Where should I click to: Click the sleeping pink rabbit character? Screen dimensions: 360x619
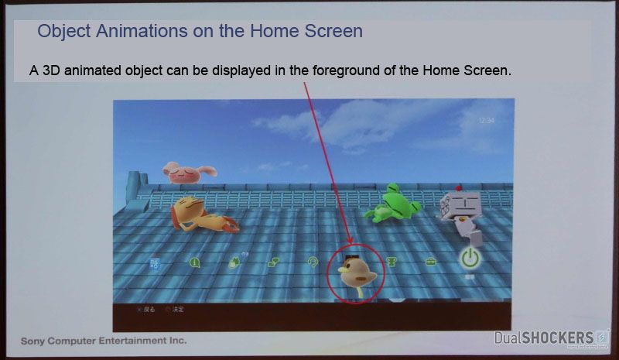pos(187,171)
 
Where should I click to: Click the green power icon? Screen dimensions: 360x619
pos(470,259)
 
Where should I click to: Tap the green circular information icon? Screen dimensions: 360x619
pos(194,262)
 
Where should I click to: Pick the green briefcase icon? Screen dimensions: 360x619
pos(430,262)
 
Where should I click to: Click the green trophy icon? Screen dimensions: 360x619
pos(392,262)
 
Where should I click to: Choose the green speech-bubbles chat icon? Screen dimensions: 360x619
pos(273,262)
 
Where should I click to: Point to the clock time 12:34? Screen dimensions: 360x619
pos(487,121)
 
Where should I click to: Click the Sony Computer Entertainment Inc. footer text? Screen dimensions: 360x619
pos(104,341)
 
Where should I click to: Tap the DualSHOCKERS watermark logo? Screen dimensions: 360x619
pos(552,338)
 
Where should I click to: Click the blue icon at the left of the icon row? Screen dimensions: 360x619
pos(155,262)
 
